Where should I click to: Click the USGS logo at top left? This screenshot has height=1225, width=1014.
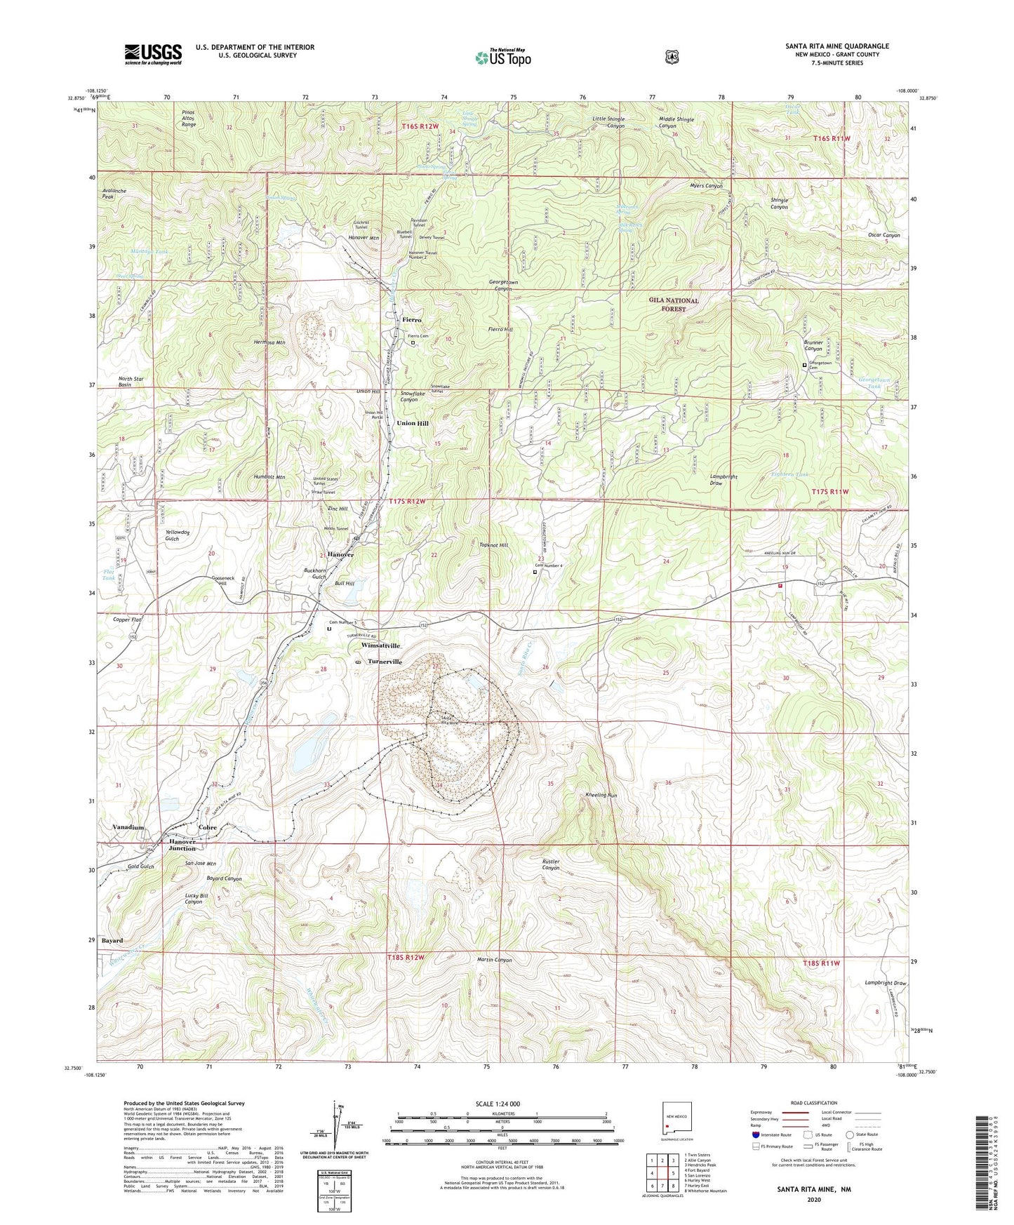(x=153, y=54)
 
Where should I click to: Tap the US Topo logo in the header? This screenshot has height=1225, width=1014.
(x=502, y=58)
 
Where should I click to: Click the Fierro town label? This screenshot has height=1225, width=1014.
(x=412, y=320)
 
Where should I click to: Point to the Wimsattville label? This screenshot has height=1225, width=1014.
(x=380, y=645)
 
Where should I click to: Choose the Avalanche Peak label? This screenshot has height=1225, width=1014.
(x=117, y=194)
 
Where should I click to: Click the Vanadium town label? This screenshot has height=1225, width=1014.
(x=128, y=827)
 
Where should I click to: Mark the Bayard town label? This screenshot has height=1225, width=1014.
(x=112, y=941)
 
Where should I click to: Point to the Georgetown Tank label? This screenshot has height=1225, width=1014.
(x=874, y=383)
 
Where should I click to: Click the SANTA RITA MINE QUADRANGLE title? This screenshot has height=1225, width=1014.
(x=836, y=46)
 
